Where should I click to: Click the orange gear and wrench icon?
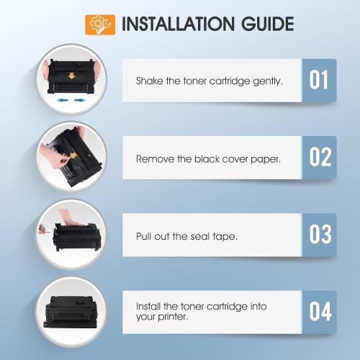[100, 24]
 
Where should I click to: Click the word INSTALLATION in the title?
[178, 24]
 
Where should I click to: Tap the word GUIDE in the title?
[268, 24]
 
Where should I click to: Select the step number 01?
[318, 80]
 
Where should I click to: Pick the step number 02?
[320, 157]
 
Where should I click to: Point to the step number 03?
[320, 235]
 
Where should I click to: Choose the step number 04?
[320, 312]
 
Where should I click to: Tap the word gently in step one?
[268, 81]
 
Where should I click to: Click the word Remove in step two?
[155, 159]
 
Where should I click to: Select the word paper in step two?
[266, 160]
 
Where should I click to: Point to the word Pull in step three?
[143, 236]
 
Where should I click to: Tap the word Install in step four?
[148, 306]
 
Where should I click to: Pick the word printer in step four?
[173, 318]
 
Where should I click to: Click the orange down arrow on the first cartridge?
[71, 76]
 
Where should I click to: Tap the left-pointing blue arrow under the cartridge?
[63, 100]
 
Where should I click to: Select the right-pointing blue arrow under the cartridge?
[80, 100]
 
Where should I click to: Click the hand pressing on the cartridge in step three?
[69, 217]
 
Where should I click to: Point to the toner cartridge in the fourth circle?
[71, 312]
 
